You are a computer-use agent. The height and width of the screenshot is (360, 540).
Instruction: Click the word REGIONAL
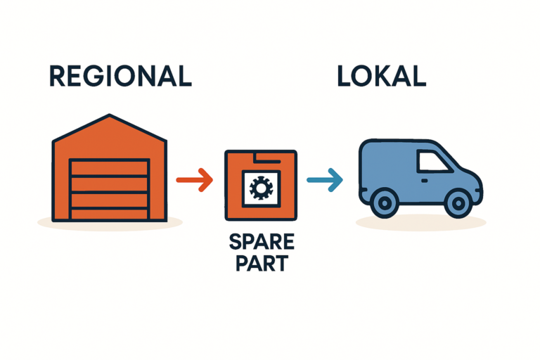pyautogui.click(x=120, y=75)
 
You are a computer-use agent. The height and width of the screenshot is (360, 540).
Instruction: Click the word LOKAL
pyautogui.click(x=381, y=75)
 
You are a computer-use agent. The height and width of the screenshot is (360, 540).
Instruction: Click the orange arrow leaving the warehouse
pyautogui.click(x=194, y=180)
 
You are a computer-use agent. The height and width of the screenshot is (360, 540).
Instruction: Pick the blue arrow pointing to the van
pyautogui.click(x=325, y=181)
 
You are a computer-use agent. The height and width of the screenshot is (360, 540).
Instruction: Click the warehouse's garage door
pyautogui.click(x=110, y=188)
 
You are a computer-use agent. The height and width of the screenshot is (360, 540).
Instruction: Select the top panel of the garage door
pyautogui.click(x=110, y=167)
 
